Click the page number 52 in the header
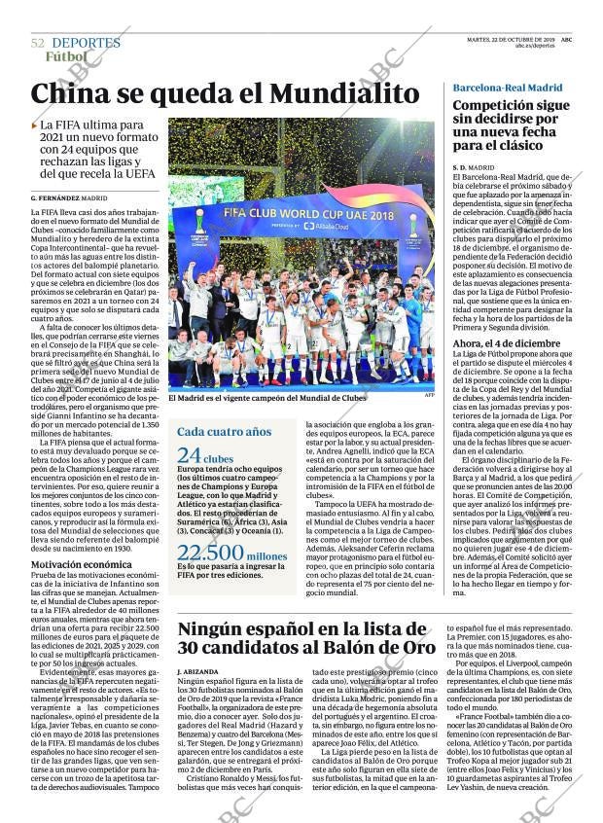[38, 43]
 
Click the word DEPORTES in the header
[86, 43]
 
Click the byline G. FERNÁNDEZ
[54, 197]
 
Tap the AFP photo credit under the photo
[430, 395]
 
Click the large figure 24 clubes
[205, 456]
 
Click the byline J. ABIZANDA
[199, 672]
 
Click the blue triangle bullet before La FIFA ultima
[34, 125]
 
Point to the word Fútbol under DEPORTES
[65, 56]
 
